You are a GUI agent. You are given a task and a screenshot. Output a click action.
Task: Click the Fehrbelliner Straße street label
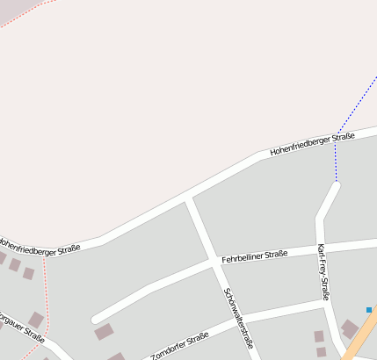pyautogui.click(x=254, y=256)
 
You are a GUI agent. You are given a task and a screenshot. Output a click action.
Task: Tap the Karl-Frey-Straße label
pyautogui.click(x=323, y=272)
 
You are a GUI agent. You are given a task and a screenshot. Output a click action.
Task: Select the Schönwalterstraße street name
pyautogui.click(x=238, y=319)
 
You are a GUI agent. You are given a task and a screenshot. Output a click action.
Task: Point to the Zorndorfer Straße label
pyautogui.click(x=179, y=347)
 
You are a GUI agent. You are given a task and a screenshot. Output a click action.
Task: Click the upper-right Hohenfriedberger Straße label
pyautogui.click(x=312, y=143)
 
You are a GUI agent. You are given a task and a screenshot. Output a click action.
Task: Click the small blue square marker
pyautogui.click(x=369, y=309)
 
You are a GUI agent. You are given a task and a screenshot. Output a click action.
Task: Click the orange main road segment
pyautogui.click(x=364, y=335)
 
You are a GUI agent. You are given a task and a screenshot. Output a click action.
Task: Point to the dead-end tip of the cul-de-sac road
pyautogui.click(x=96, y=319)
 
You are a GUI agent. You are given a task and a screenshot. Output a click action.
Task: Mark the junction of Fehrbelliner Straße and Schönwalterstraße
pyautogui.click(x=214, y=262)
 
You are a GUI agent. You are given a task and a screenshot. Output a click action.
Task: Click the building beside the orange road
pyautogui.click(x=349, y=328)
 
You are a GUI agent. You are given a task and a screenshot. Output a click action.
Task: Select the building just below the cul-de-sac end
pyautogui.click(x=104, y=332)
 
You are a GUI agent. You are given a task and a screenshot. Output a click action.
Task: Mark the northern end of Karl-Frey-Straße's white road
pyautogui.click(x=335, y=184)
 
